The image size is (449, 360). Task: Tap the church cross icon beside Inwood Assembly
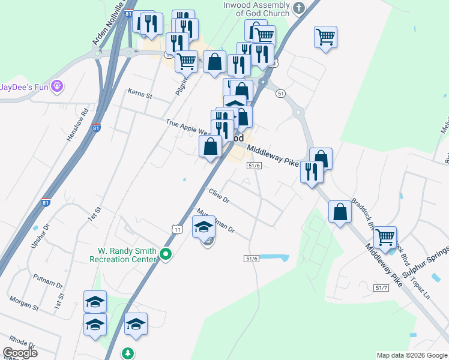pyautogui.click(x=299, y=8)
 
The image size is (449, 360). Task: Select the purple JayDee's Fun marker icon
pyautogui.click(x=58, y=86)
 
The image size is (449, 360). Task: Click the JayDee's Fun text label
pyautogui.click(x=24, y=87)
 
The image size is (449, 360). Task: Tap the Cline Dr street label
pyautogui.click(x=219, y=196)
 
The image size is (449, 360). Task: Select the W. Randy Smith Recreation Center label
pyautogui.click(x=123, y=255)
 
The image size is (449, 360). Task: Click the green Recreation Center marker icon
pyautogui.click(x=167, y=255)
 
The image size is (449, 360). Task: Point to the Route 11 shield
pyautogui.click(x=176, y=229)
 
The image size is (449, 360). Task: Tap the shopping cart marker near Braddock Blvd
pyautogui.click(x=385, y=237)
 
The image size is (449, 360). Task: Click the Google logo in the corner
pyautogui.click(x=20, y=353)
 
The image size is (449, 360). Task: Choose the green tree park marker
pyautogui.click(x=128, y=353)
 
